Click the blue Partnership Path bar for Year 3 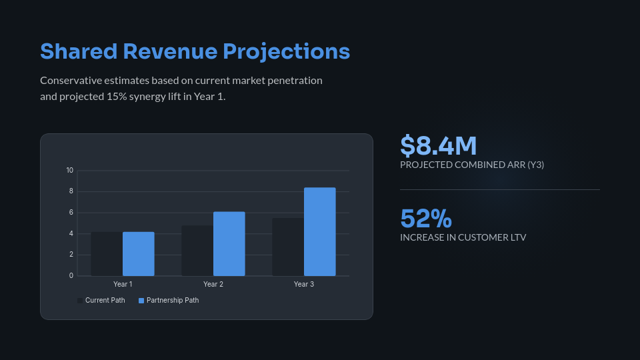click(320, 231)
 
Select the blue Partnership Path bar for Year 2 click(229, 243)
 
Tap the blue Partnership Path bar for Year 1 click(139, 253)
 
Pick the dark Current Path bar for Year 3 click(288, 247)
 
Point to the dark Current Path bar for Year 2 click(197, 250)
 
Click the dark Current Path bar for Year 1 click(107, 253)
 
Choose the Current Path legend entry click(101, 300)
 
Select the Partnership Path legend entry click(169, 300)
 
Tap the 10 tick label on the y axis click(70, 171)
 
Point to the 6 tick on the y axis click(71, 213)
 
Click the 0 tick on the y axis click(71, 275)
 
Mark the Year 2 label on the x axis click(213, 284)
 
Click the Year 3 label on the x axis click(304, 284)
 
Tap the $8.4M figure click(438, 146)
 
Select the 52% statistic click(426, 219)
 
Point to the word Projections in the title click(286, 51)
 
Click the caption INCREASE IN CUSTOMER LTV click(463, 237)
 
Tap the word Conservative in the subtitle click(69, 80)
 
